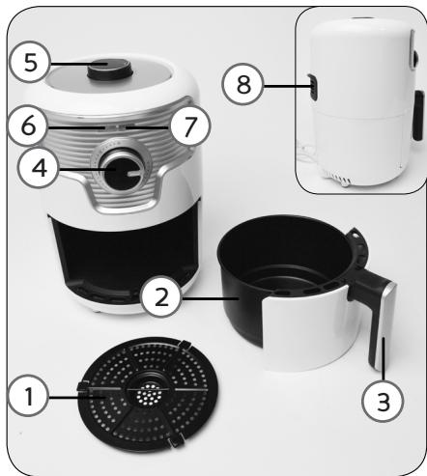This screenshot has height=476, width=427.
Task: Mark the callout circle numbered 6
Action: click(x=29, y=126)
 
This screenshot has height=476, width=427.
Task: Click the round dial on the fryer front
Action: click(x=125, y=171)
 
